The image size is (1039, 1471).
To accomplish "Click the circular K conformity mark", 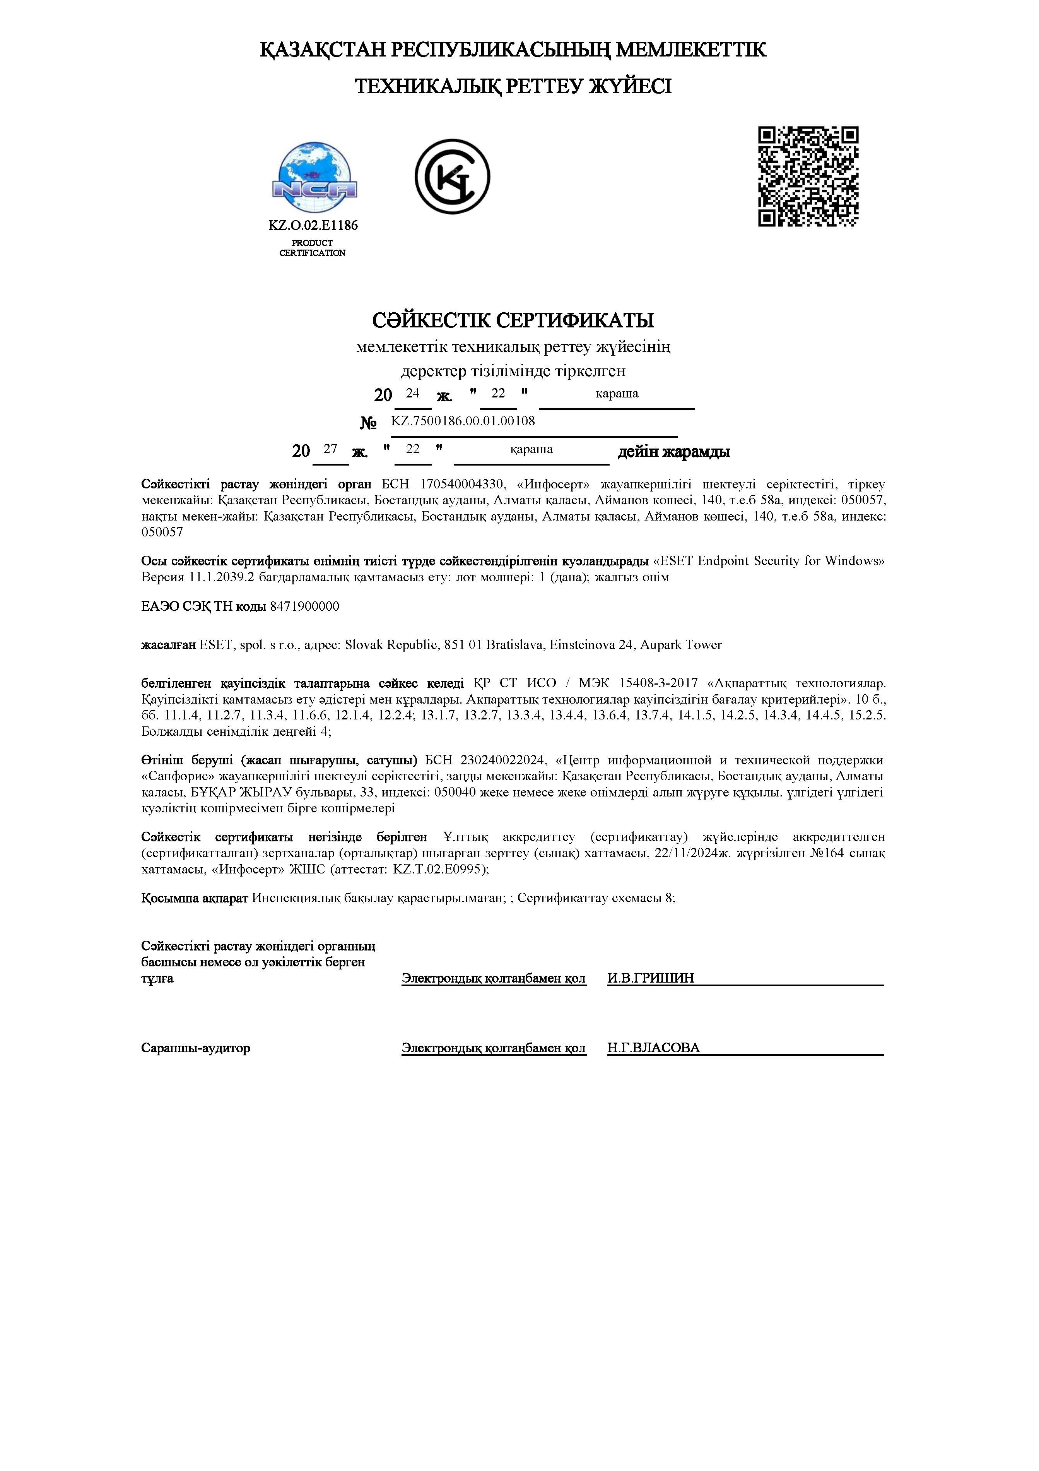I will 452,177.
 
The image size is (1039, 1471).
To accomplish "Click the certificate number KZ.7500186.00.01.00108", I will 463,421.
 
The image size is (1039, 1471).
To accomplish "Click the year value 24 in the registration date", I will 412,393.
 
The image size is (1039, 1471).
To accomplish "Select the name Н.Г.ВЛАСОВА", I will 653,1048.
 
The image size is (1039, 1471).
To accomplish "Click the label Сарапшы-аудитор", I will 195,1048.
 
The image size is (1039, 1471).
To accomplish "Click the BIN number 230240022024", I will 504,760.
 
